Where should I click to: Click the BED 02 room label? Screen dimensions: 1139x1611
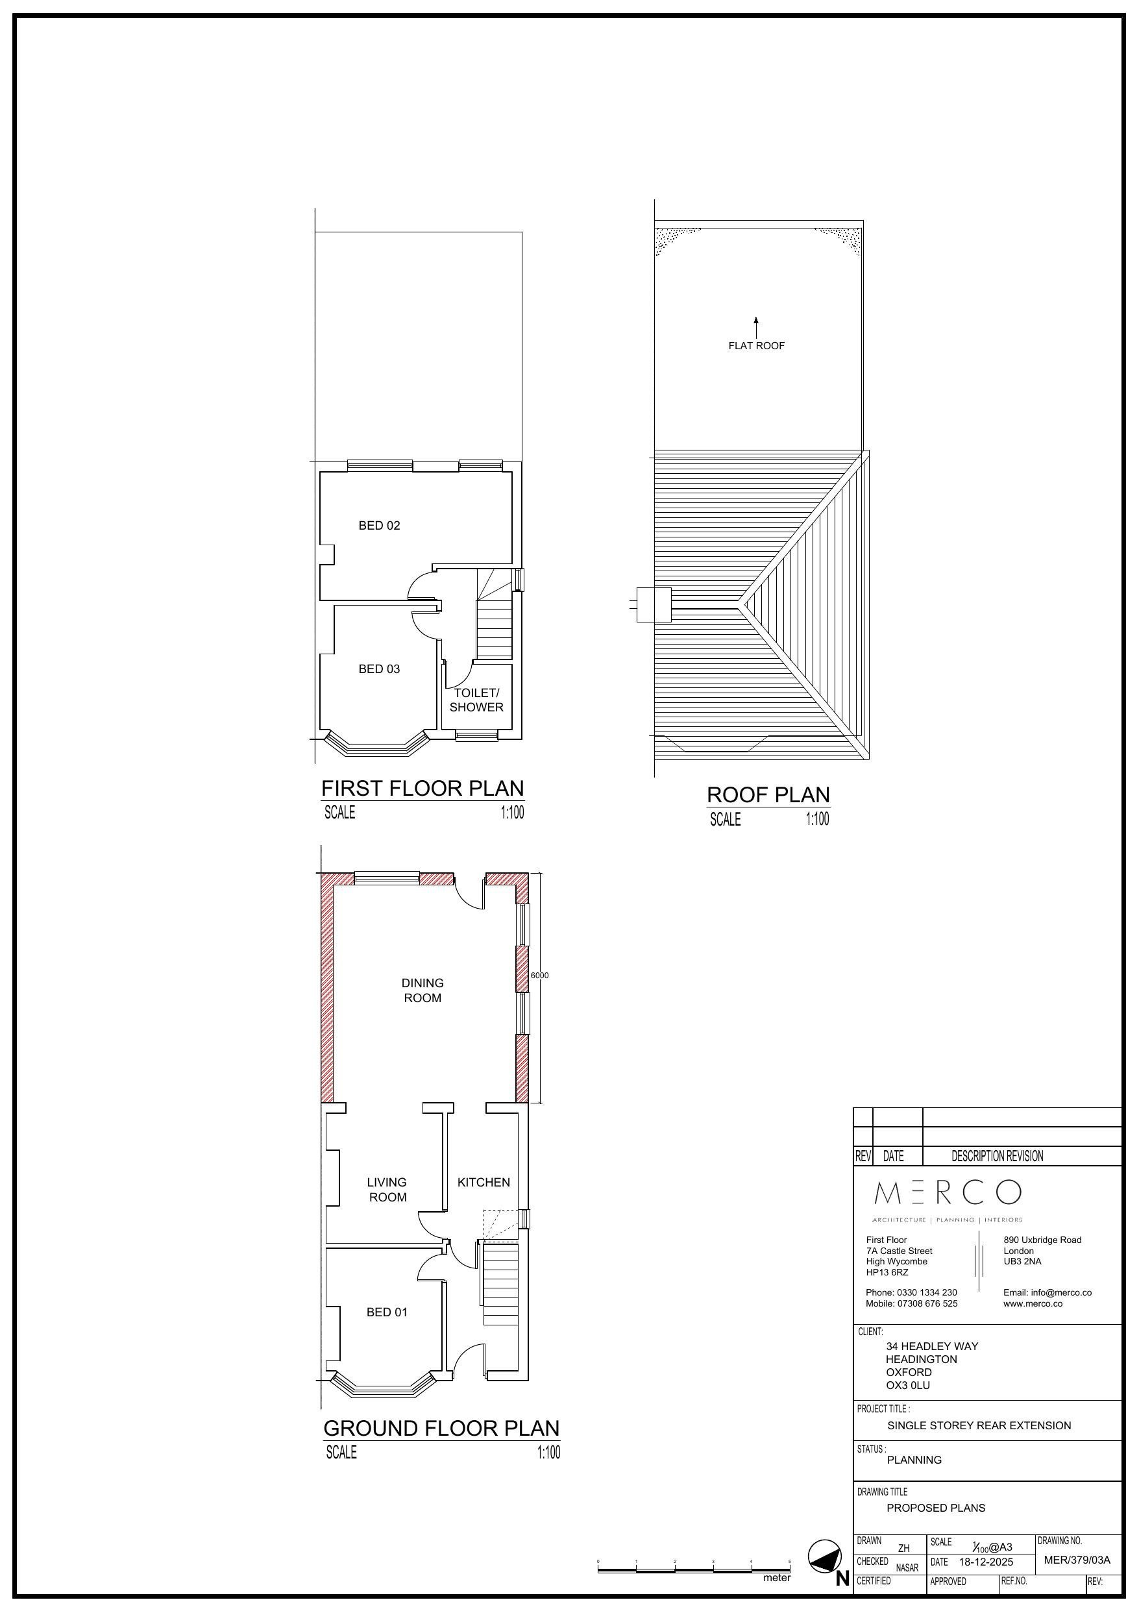(x=379, y=526)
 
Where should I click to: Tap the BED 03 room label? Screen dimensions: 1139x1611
(x=379, y=669)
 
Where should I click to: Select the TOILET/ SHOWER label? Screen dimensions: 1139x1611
(x=476, y=700)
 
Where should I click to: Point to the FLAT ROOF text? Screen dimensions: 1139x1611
(x=757, y=346)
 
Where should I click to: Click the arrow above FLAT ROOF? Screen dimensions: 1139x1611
(x=756, y=327)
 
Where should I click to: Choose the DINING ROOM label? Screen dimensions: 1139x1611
(x=423, y=990)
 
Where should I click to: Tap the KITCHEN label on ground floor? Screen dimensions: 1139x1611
(x=484, y=1183)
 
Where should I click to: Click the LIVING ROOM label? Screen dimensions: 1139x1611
(x=387, y=1190)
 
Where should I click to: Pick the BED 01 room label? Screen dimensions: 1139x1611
(x=387, y=1312)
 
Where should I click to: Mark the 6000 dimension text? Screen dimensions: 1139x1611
(x=540, y=976)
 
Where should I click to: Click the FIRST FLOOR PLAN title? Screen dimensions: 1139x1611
(x=423, y=789)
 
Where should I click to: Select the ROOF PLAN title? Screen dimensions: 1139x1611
(x=768, y=795)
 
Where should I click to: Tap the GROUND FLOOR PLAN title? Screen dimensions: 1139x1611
(x=441, y=1429)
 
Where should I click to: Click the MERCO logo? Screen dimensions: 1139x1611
(x=948, y=1192)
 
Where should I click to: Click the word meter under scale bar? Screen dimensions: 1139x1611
(x=777, y=1578)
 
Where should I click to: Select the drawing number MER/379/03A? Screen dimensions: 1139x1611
(x=1077, y=1560)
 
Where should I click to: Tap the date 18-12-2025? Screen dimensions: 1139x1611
(x=986, y=1562)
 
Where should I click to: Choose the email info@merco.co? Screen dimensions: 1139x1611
(x=1047, y=1292)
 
